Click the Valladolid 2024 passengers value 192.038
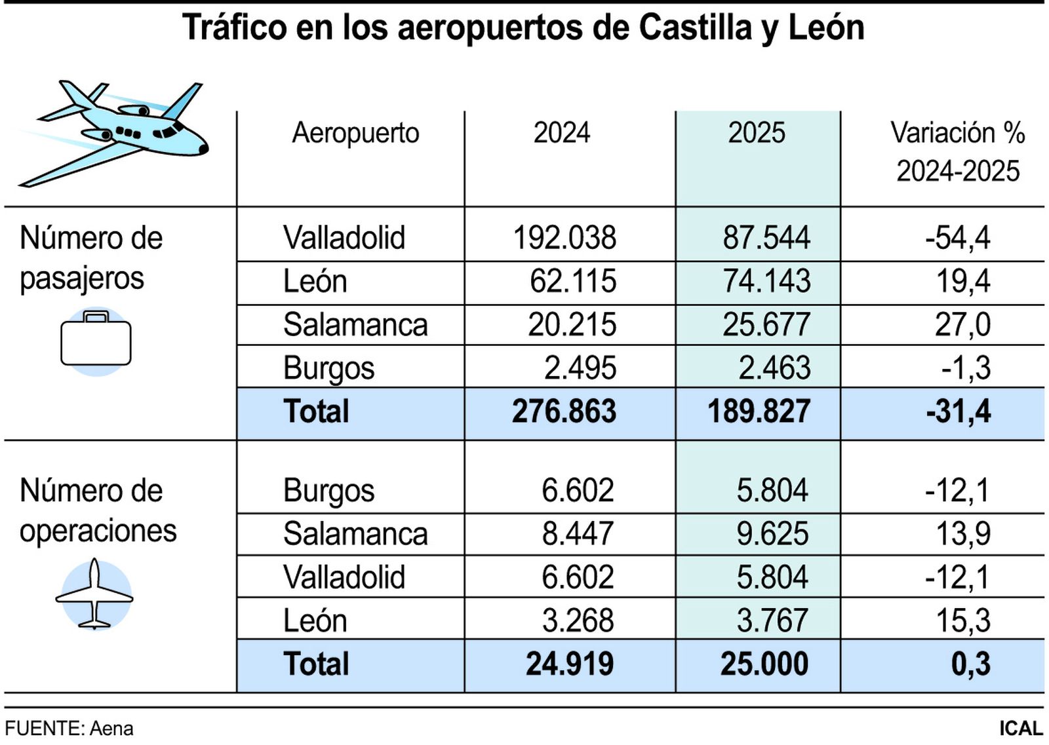click(x=564, y=237)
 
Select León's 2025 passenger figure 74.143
click(x=766, y=281)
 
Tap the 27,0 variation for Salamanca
click(x=962, y=324)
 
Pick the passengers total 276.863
click(x=564, y=411)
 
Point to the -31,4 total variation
click(x=958, y=411)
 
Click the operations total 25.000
click(x=764, y=664)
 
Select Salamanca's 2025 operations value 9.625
click(x=772, y=533)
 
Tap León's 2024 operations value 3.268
click(x=577, y=620)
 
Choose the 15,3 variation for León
click(x=962, y=620)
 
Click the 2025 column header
click(x=756, y=133)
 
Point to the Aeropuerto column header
click(x=355, y=133)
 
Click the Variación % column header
click(x=957, y=151)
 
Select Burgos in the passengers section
click(x=328, y=368)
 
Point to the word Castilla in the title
click(x=694, y=28)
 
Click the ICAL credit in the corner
click(x=1020, y=729)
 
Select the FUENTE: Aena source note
click(x=69, y=729)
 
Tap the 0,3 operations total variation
click(x=970, y=664)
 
